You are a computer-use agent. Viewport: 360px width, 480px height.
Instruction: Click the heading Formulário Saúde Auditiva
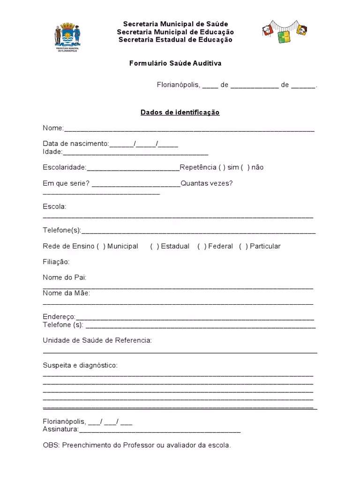point(175,63)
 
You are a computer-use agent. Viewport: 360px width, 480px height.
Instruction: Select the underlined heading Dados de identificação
point(180,112)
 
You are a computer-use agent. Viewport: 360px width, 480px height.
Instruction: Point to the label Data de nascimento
point(75,143)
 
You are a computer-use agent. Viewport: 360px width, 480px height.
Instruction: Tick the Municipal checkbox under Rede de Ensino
point(101,246)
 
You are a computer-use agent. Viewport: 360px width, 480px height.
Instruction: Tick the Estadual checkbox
point(155,246)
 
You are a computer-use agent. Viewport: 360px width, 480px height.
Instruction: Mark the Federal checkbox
point(202,246)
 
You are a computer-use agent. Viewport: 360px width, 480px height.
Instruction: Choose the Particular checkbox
point(243,246)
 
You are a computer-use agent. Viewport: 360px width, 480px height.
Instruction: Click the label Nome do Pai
point(65,277)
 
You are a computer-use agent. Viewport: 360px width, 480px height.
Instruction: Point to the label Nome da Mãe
point(67,293)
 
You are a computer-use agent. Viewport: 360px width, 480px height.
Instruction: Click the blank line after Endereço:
point(194,318)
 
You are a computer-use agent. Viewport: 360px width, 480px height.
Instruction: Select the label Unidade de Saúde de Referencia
point(97,340)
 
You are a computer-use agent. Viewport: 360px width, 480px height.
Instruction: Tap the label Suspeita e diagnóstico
point(80,365)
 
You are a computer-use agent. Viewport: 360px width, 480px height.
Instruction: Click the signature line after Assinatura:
point(159,430)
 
